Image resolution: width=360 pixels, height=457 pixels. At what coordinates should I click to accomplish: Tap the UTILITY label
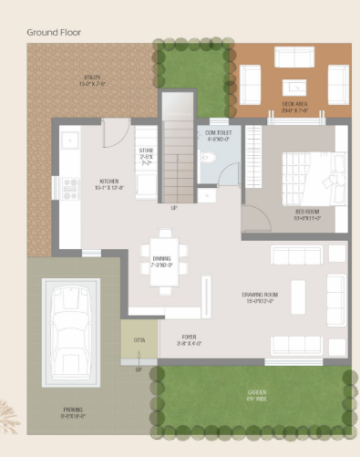[x=91, y=80]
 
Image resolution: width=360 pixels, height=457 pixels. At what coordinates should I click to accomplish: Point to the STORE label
[x=145, y=156]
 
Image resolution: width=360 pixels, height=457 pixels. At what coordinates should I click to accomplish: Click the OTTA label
[x=139, y=342]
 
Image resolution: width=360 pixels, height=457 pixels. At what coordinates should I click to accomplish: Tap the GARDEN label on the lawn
[x=256, y=396]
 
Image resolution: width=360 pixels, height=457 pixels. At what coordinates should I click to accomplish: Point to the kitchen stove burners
[x=69, y=188]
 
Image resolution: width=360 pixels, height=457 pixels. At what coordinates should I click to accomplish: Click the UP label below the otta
[x=139, y=369]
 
